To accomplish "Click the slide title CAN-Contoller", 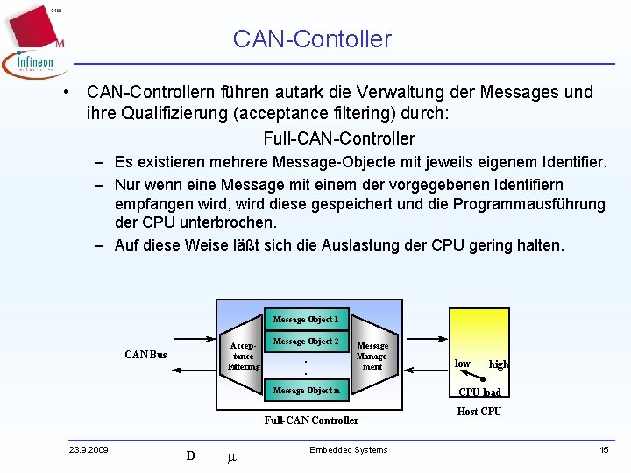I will (x=312, y=39).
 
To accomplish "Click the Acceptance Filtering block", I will (x=243, y=356).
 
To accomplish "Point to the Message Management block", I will (x=372, y=356).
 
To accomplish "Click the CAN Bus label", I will (x=145, y=355).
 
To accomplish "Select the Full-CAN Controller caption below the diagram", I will (x=311, y=420).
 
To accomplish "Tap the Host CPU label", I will (x=479, y=412).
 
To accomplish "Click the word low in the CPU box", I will (x=463, y=363).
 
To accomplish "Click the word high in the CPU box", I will (x=499, y=364).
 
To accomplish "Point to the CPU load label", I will (x=480, y=392).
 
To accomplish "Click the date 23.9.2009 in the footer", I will (x=89, y=450).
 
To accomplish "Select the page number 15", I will (x=604, y=450).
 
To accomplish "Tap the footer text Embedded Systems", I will (x=348, y=450).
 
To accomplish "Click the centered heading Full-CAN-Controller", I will (x=339, y=138).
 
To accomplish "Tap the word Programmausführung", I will (x=532, y=204).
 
